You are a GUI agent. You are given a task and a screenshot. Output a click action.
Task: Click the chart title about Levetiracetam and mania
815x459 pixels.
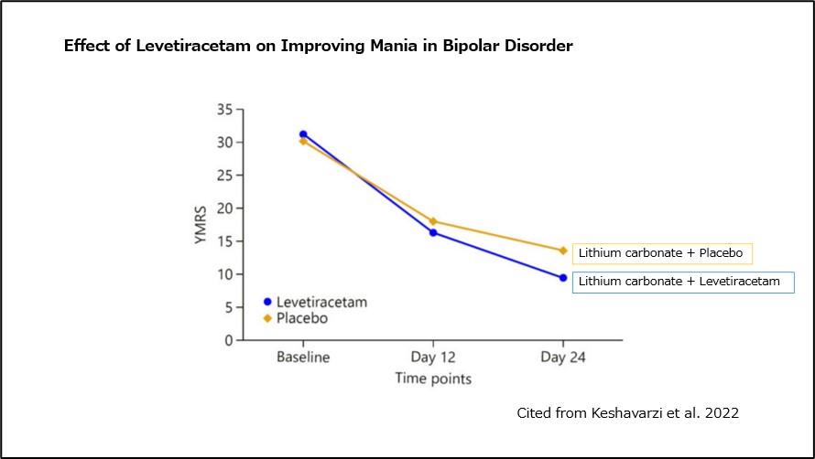click(318, 46)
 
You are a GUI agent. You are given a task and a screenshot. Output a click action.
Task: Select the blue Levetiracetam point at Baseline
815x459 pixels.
click(303, 134)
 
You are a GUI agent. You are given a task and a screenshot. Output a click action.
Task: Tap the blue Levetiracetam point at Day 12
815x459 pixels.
click(433, 232)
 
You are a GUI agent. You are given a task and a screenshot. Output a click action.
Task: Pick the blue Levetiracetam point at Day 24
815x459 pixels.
click(562, 278)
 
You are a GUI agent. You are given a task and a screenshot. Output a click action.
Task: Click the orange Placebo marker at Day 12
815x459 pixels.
click(433, 221)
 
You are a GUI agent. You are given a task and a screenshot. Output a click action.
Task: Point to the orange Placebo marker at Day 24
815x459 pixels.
click(562, 251)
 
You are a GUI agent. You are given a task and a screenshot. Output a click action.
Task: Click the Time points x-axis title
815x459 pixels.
click(433, 377)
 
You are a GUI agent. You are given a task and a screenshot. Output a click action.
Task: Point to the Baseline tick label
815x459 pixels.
click(303, 357)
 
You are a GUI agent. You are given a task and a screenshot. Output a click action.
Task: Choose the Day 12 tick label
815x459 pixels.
click(433, 357)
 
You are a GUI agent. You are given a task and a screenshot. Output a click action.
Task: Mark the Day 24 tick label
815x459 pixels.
click(562, 357)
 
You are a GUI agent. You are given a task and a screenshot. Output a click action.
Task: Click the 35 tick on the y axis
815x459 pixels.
click(224, 110)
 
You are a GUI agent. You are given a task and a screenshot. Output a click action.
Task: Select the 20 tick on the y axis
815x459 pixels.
click(224, 208)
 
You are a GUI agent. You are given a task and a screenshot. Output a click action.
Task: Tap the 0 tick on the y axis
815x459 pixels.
click(228, 340)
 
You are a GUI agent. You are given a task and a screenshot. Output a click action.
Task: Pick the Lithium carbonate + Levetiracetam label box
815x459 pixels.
click(683, 282)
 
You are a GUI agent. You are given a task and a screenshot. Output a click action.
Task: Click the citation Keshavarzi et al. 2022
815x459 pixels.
click(627, 413)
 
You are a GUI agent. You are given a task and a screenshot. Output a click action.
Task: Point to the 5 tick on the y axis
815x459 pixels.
click(228, 307)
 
